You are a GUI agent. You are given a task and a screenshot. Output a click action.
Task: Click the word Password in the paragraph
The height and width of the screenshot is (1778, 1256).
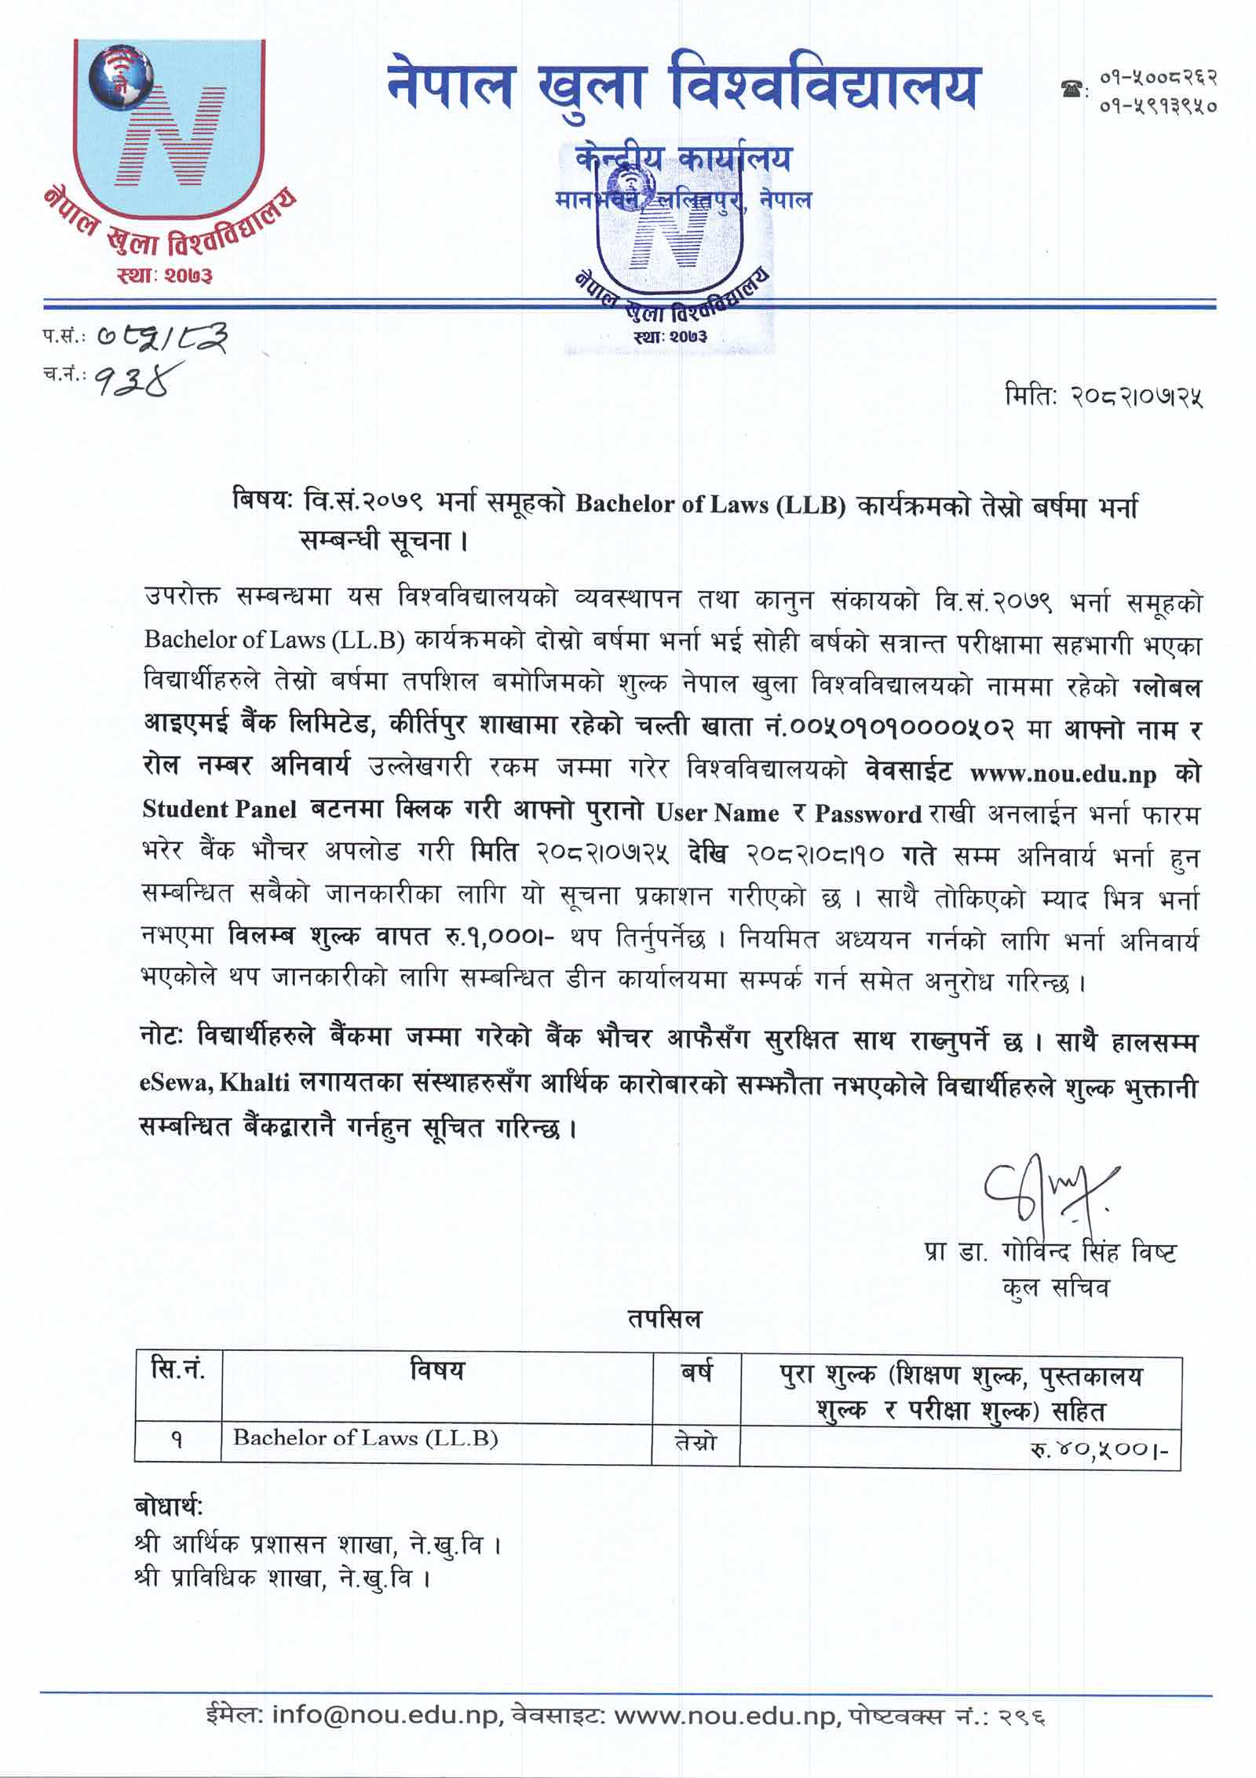867,814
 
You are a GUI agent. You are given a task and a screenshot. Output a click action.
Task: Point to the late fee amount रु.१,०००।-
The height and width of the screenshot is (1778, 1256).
500,936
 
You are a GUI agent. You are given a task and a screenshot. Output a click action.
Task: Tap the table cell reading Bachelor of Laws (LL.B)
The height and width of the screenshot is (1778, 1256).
365,1438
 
